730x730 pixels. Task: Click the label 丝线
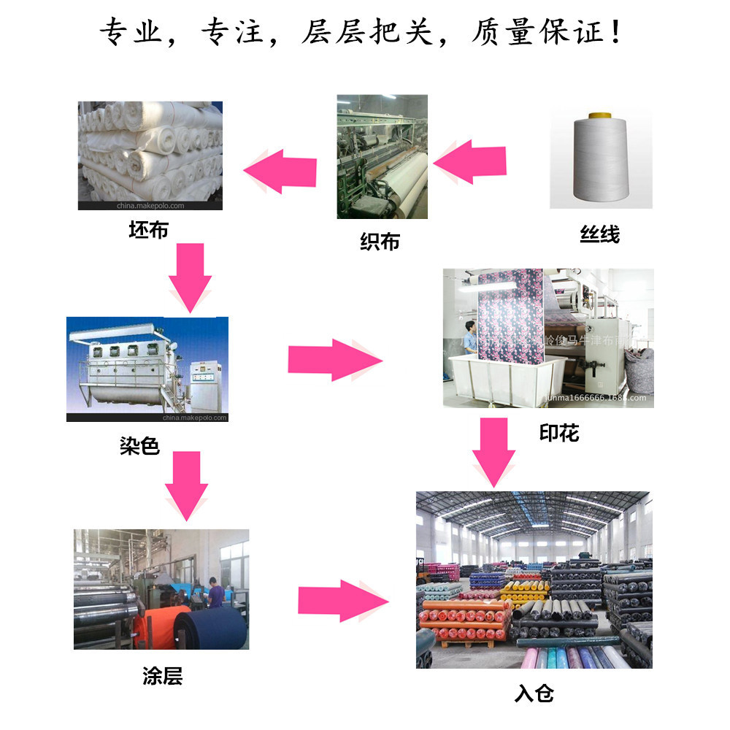pos(599,235)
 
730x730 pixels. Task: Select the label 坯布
pos(148,230)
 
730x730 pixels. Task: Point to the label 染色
pos(139,445)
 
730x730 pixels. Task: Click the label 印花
pos(559,433)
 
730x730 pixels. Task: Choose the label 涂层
pos(162,676)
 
